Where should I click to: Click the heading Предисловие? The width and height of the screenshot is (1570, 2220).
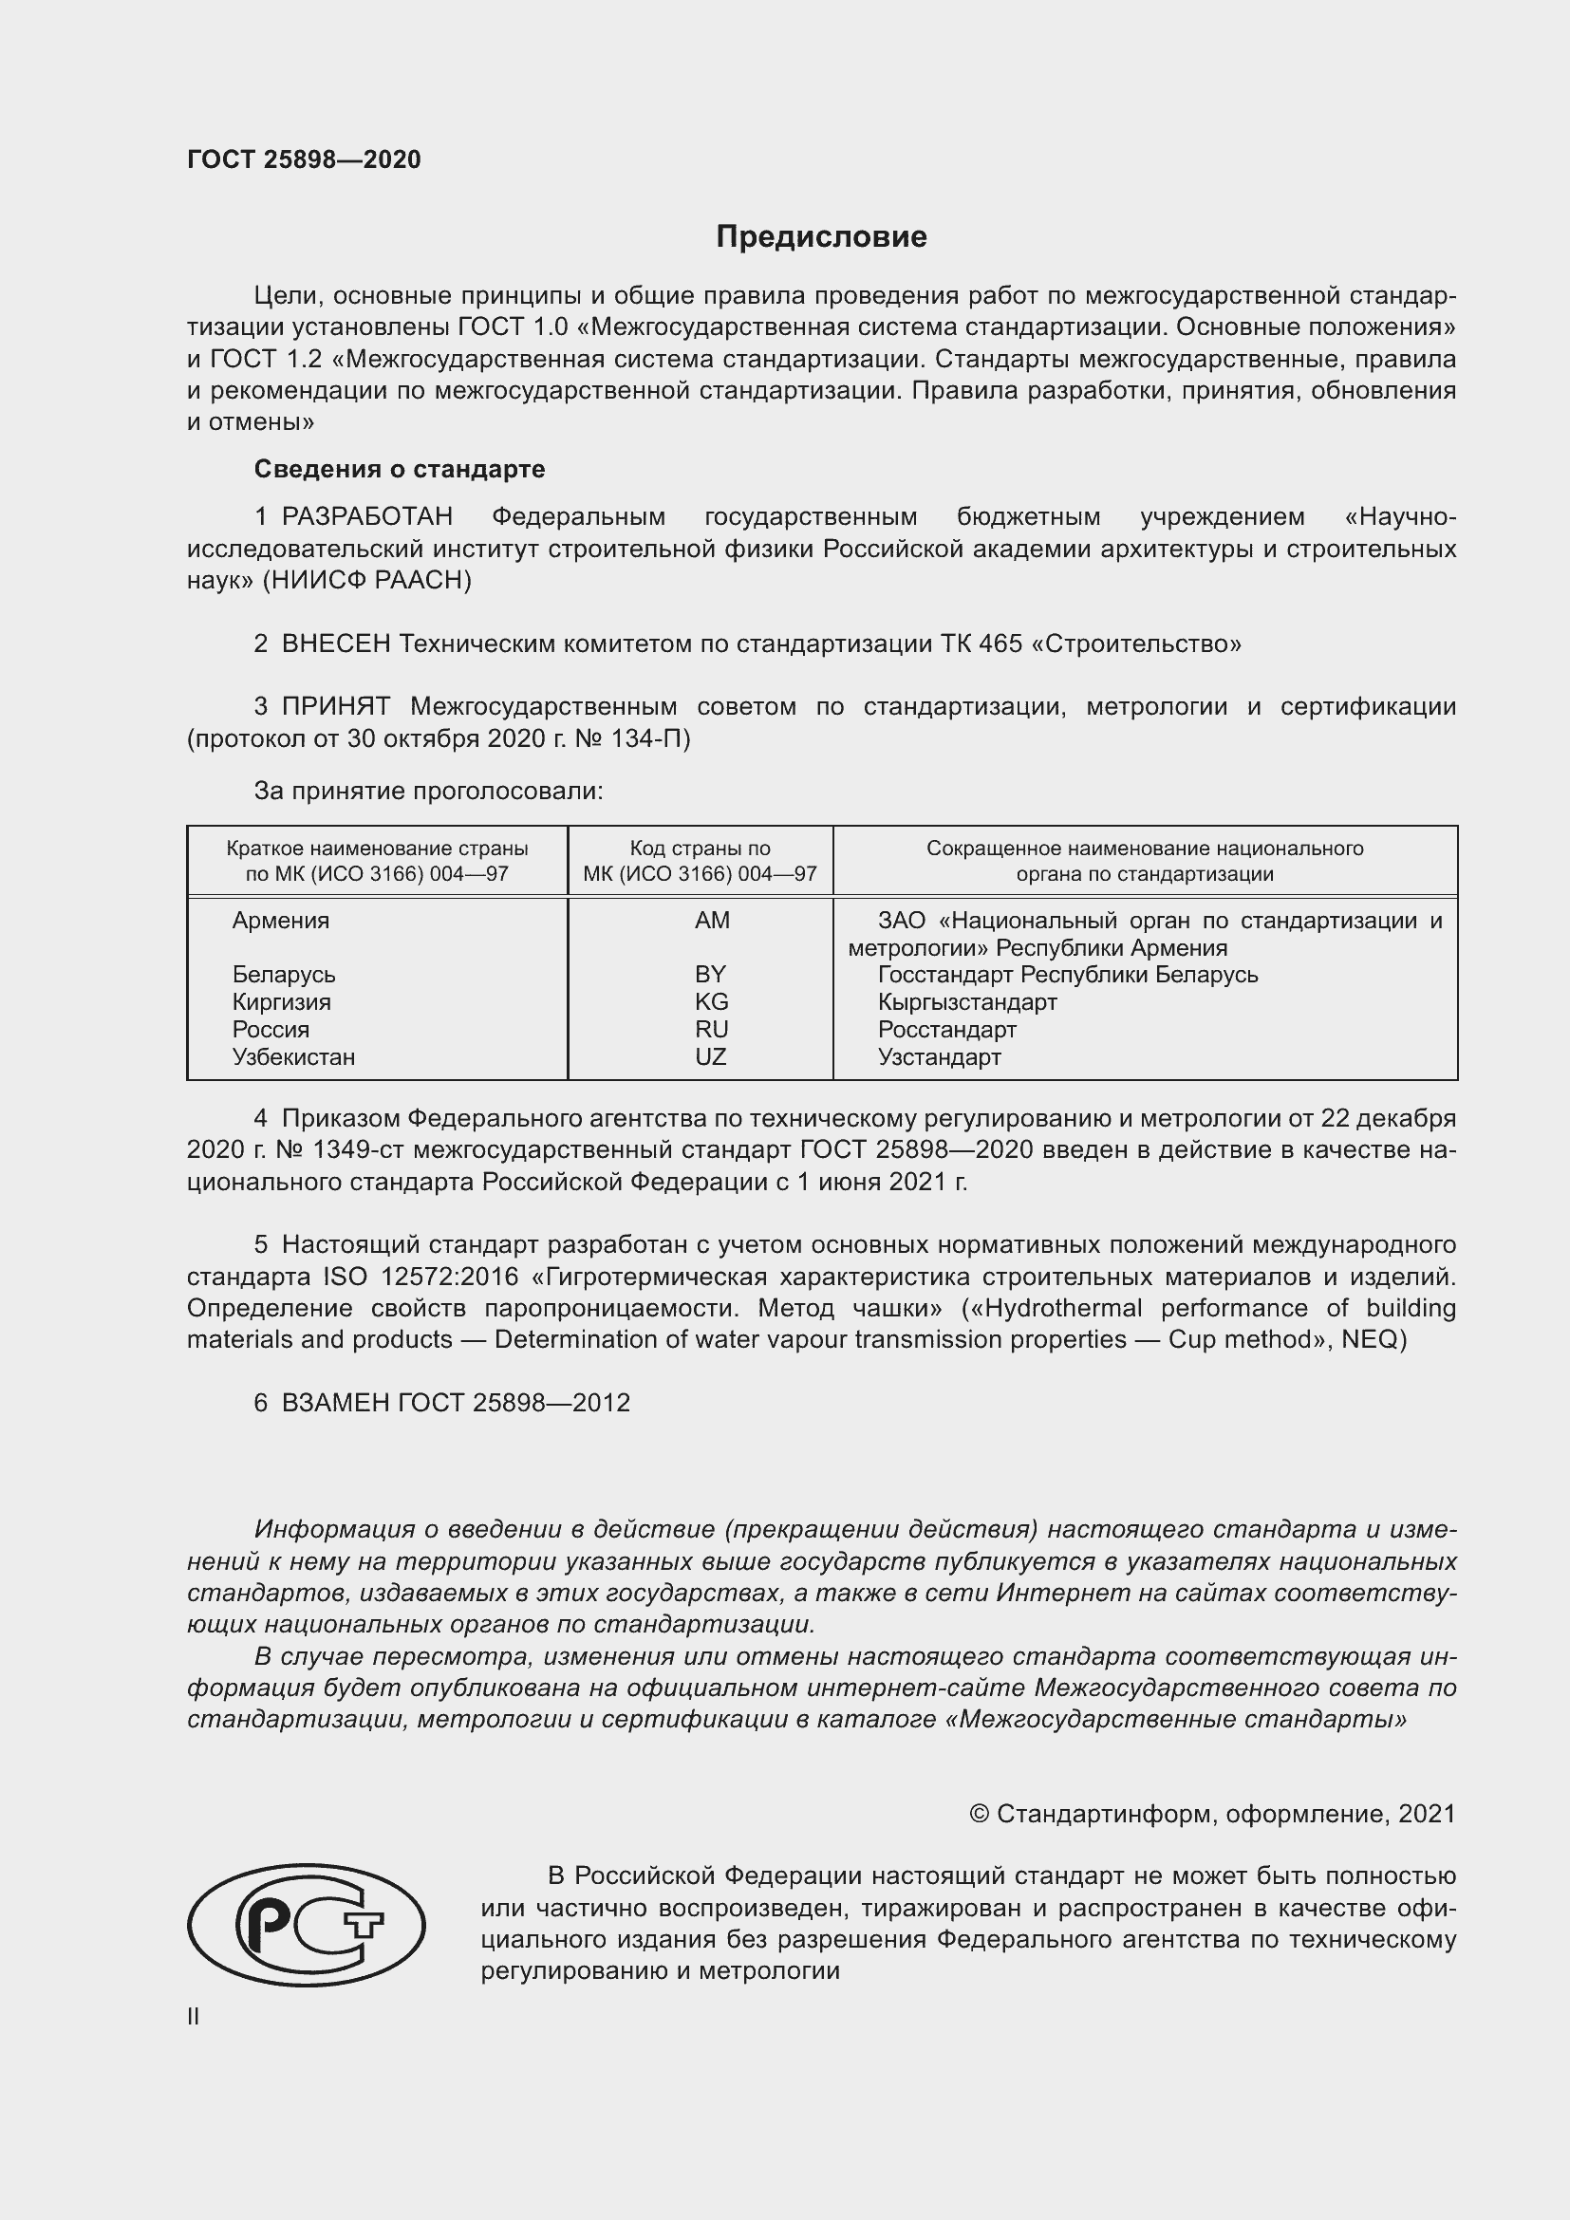[821, 237]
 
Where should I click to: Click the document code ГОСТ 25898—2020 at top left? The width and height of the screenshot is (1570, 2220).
[304, 159]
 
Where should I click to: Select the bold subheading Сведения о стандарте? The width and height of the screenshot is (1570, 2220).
[400, 469]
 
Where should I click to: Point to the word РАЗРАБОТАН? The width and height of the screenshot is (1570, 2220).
[366, 517]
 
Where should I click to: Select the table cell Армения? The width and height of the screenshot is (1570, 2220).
[280, 921]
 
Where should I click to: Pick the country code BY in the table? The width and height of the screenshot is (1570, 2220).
[710, 975]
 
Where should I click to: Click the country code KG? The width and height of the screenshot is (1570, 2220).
[711, 1001]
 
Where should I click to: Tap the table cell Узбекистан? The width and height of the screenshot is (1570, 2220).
[293, 1056]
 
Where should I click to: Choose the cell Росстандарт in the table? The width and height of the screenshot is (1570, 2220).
[946, 1030]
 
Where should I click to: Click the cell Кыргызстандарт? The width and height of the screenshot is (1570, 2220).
[966, 1001]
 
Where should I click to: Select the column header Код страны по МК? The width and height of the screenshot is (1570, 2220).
[700, 861]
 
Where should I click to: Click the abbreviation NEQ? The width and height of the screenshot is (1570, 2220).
[1368, 1339]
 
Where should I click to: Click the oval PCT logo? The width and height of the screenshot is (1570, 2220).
[307, 1924]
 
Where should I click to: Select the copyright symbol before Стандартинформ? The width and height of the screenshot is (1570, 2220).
[978, 1814]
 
